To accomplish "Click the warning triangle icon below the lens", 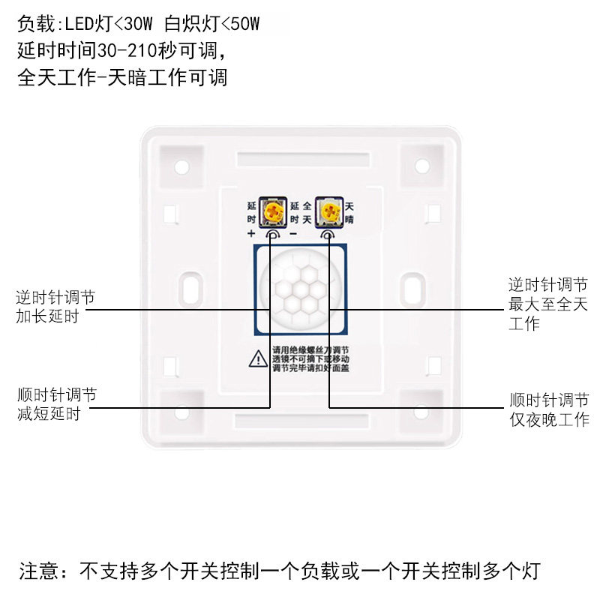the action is (x=257, y=358).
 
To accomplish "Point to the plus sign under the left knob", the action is (x=251, y=233).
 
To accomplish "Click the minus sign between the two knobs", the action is (x=293, y=233).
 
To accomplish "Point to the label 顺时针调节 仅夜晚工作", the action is (x=548, y=410).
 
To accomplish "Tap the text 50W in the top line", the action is (x=244, y=24).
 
